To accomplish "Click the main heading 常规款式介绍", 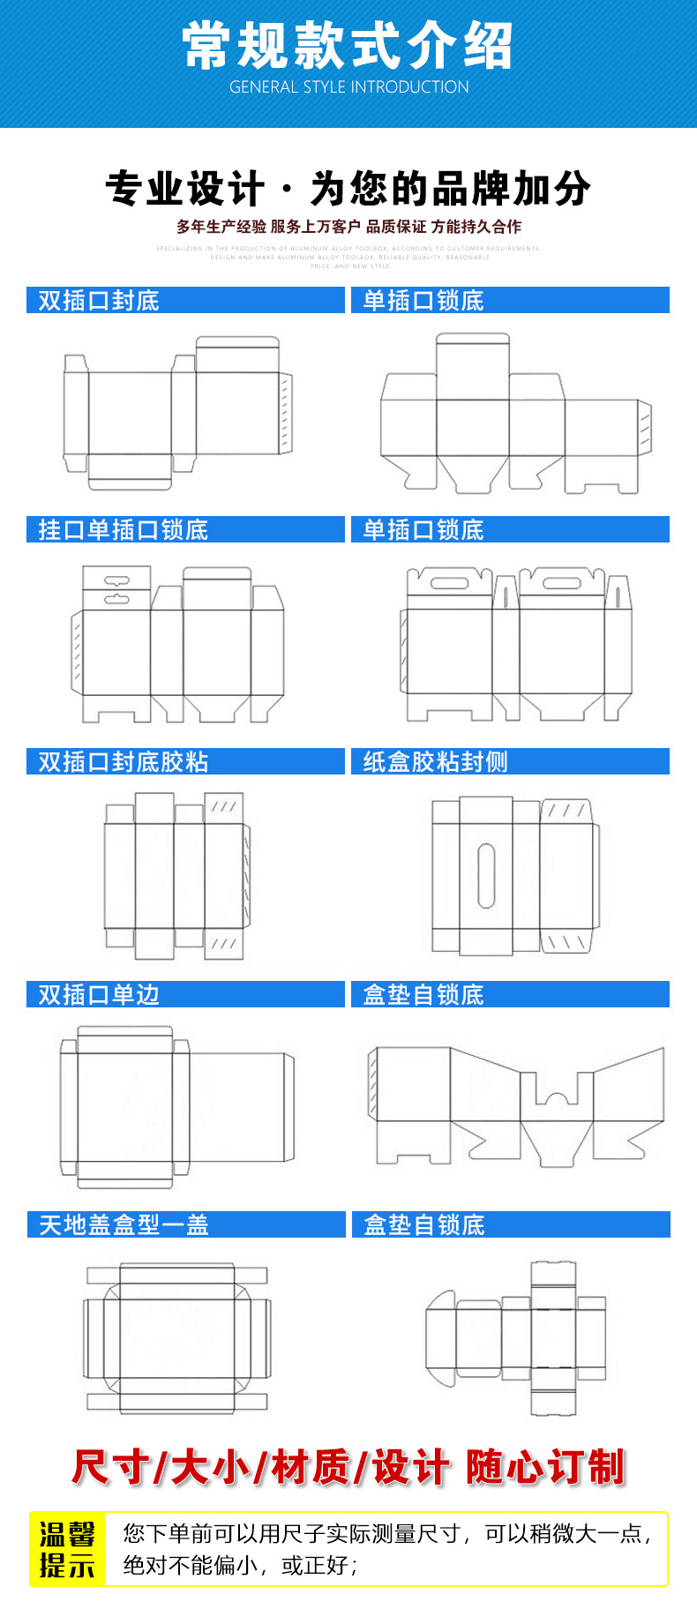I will click(x=348, y=46).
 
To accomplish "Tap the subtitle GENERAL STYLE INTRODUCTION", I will click(x=348, y=87).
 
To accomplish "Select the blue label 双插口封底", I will click(x=99, y=301).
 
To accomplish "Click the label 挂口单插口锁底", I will click(x=123, y=530).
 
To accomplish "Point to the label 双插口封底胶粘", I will click(x=123, y=762).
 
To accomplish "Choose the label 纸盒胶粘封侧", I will click(x=435, y=762).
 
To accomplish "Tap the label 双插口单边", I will click(x=99, y=995).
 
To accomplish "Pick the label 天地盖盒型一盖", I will click(x=124, y=1225).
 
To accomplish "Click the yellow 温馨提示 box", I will click(x=67, y=1550).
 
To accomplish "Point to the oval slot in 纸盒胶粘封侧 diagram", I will click(x=486, y=875).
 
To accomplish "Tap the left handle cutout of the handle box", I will click(x=449, y=583).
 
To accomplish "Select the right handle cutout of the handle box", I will click(x=561, y=583).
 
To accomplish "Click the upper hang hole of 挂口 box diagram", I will click(x=116, y=581).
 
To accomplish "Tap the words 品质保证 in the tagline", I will click(x=395, y=227).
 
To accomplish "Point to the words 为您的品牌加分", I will click(x=450, y=189).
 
